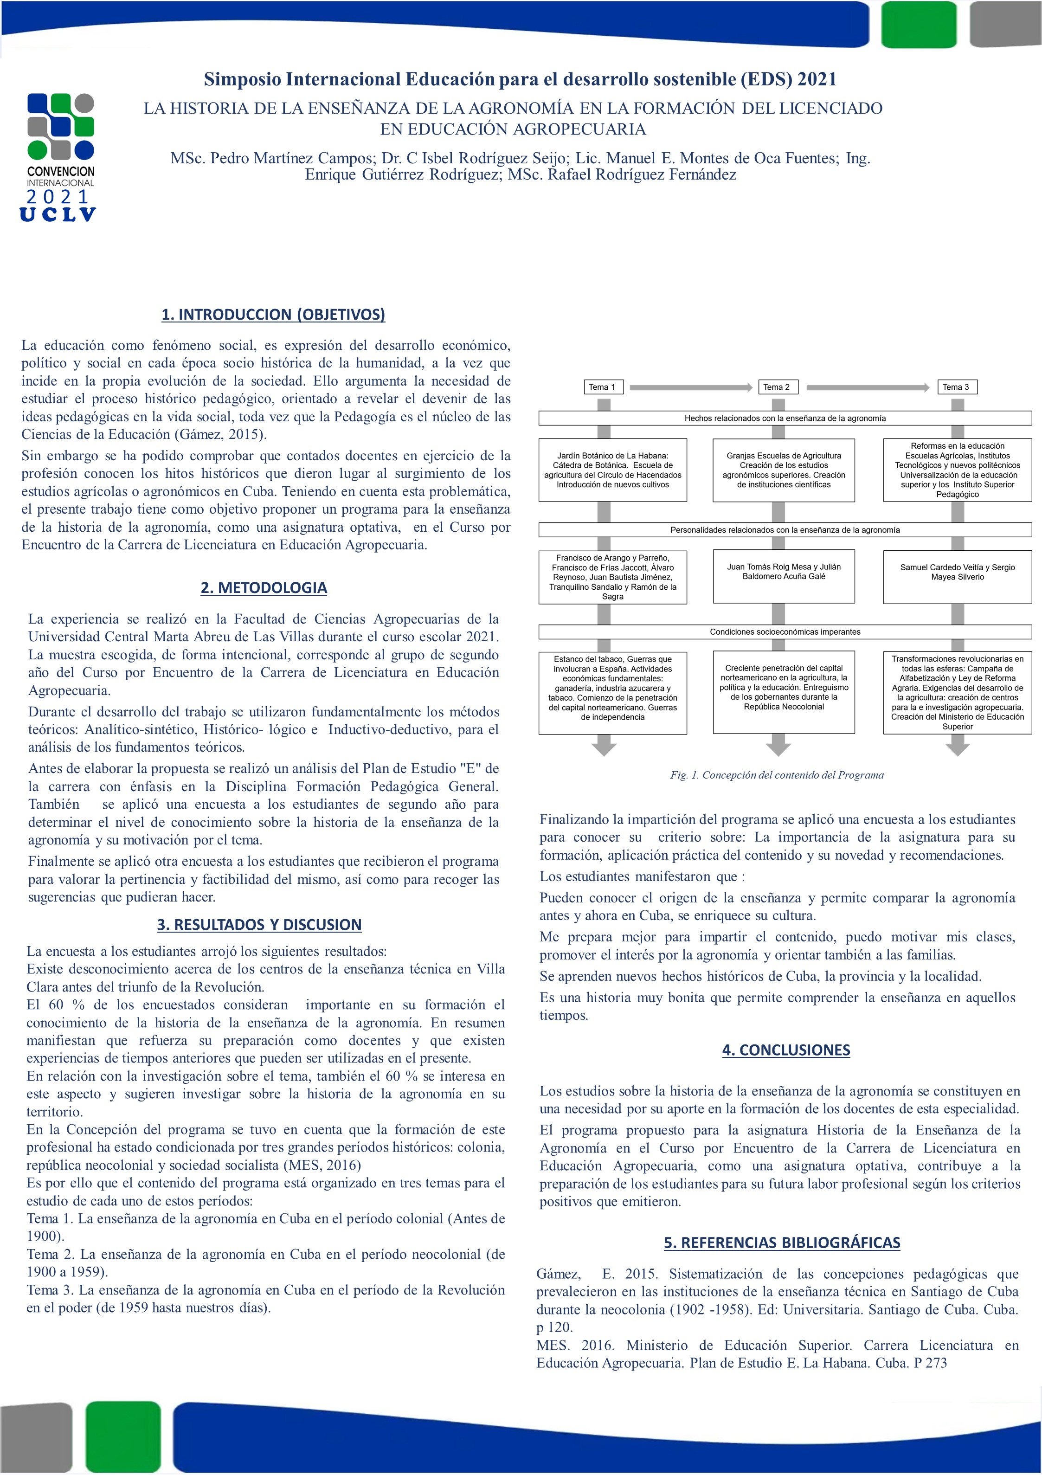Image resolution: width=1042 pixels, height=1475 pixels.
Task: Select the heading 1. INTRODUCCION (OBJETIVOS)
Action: pyautogui.click(x=273, y=314)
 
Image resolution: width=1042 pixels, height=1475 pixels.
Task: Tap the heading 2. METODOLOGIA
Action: pyautogui.click(x=264, y=587)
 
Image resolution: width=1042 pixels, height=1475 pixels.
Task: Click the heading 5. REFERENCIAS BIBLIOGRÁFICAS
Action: pyautogui.click(x=782, y=1243)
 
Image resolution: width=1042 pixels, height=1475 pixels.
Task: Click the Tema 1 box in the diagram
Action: pyautogui.click(x=602, y=387)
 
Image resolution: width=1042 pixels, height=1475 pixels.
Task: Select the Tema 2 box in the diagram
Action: pyautogui.click(x=777, y=387)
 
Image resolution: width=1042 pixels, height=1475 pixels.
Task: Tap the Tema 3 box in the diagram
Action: pyautogui.click(x=956, y=387)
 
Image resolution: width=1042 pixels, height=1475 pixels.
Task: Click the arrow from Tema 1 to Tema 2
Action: pyautogui.click(x=691, y=387)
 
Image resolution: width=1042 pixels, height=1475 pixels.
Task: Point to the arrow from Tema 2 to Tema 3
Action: pyautogui.click(x=867, y=387)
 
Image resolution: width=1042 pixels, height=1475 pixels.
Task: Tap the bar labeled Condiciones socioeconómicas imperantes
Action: pyautogui.click(x=785, y=631)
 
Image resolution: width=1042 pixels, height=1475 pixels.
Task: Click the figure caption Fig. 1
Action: pyautogui.click(x=777, y=775)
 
